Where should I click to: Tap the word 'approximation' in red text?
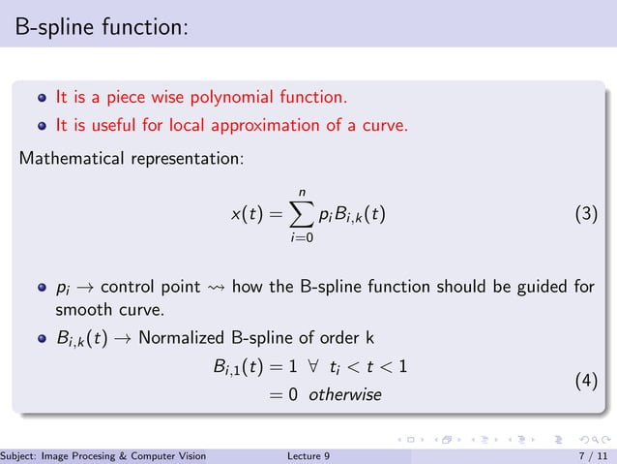261,125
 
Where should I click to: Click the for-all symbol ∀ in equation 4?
309,367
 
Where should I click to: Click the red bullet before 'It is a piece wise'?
42,98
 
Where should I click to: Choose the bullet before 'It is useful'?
42,125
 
